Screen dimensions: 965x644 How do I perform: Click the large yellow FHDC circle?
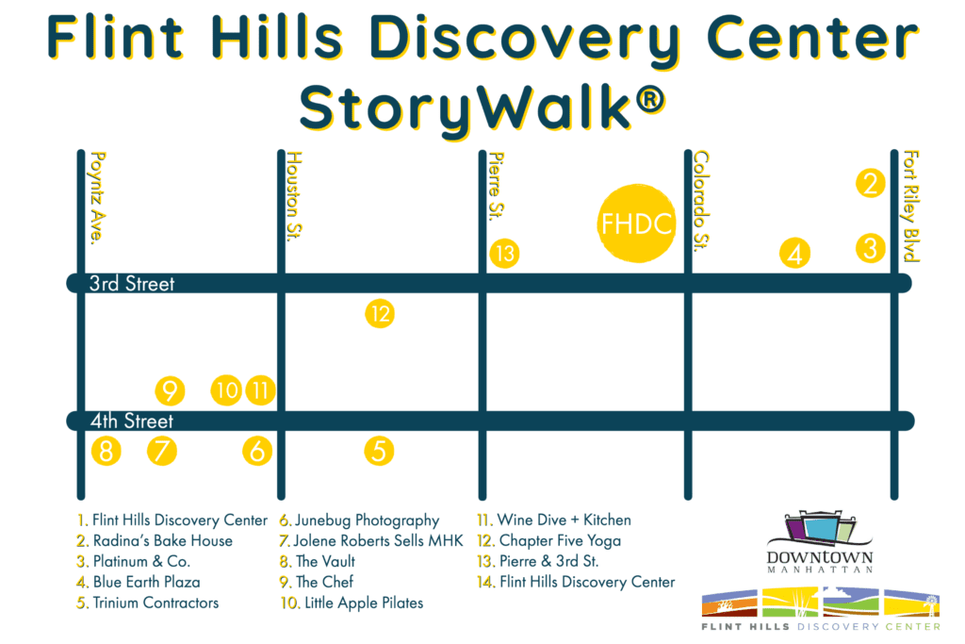636,223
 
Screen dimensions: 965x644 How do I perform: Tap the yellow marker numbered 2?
870,184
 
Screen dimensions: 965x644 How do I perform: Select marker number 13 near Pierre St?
505,254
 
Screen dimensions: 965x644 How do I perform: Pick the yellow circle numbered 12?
380,314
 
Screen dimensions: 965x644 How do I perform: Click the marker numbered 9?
170,390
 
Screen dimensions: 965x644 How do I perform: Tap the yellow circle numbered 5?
379,452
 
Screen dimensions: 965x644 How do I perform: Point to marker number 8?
106,452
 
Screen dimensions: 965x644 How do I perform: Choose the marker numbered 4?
794,254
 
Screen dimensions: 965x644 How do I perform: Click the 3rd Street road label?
132,284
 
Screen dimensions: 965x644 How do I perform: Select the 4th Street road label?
132,421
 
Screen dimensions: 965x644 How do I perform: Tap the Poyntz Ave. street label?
98,198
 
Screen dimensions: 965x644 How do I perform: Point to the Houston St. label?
295,196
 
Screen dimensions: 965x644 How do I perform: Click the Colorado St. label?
701,202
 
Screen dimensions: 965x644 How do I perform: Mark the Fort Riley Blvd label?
911,206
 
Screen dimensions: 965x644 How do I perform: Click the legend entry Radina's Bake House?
155,540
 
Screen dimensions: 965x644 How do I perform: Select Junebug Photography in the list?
359,520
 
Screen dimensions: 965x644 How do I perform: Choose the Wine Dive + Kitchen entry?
554,520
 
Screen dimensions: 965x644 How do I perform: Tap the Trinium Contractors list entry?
148,603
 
